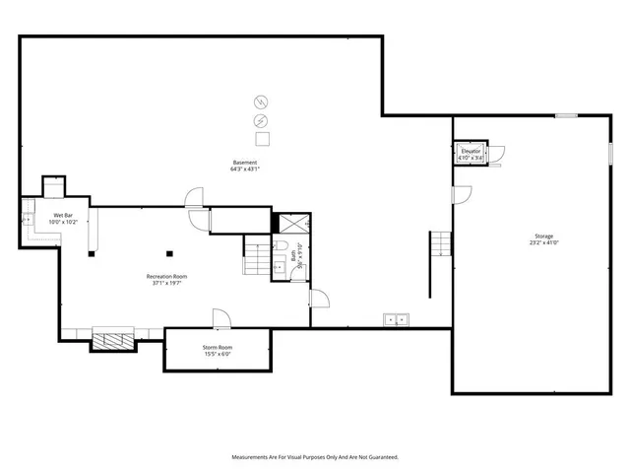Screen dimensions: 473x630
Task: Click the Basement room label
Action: pyautogui.click(x=245, y=166)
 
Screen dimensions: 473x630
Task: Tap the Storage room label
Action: pyautogui.click(x=543, y=239)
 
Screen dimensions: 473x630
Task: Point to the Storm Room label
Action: pyautogui.click(x=218, y=351)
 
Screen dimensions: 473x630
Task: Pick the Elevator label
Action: pyautogui.click(x=471, y=154)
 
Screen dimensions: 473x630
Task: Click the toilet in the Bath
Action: pyautogui.click(x=281, y=246)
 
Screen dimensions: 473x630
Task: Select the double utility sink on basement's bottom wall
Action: pyautogui.click(x=397, y=318)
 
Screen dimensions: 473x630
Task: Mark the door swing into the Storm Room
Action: pyautogui.click(x=220, y=317)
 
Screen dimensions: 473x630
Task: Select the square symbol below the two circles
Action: pyautogui.click(x=261, y=139)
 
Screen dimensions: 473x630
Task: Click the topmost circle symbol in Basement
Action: pyautogui.click(x=261, y=101)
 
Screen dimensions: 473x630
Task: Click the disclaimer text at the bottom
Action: pyautogui.click(x=315, y=457)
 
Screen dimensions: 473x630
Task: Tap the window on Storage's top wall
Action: pyautogui.click(x=565, y=116)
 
